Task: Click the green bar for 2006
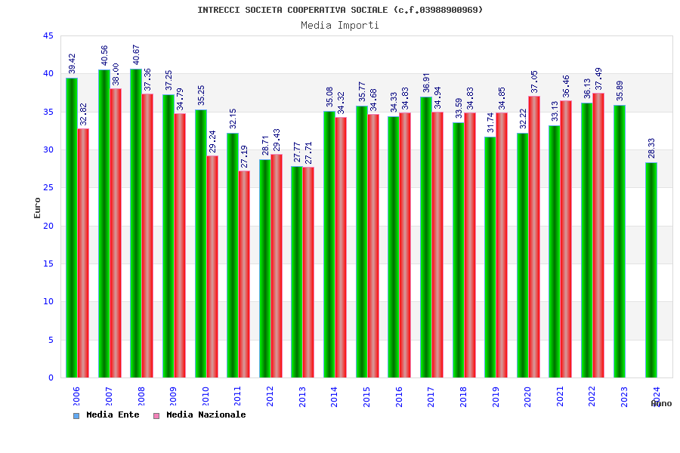pos(71,227)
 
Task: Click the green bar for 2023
pos(619,241)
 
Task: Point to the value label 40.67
pos(136,54)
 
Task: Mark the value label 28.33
pos(651,148)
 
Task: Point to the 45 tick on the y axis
pos(48,36)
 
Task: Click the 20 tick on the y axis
pos(48,226)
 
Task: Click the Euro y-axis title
pos(38,208)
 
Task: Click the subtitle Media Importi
pos(340,25)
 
